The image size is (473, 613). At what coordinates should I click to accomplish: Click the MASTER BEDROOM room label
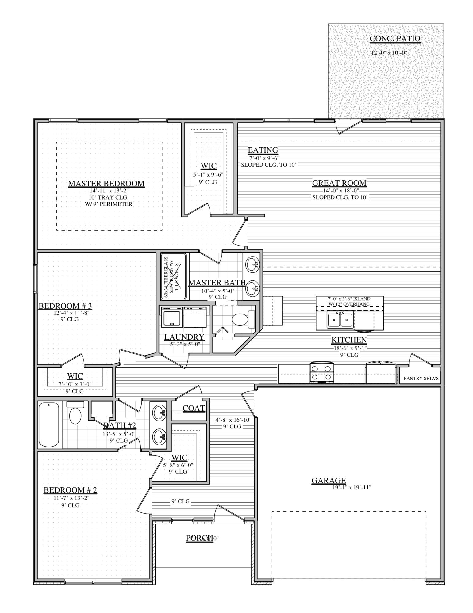(x=106, y=184)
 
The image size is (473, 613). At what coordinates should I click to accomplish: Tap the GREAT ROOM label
(x=339, y=183)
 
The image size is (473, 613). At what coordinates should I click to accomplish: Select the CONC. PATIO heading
(x=395, y=39)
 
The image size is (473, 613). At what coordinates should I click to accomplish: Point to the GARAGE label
(x=329, y=480)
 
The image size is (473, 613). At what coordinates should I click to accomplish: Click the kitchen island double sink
(x=340, y=320)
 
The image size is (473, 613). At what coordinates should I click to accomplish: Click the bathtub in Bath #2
(x=49, y=425)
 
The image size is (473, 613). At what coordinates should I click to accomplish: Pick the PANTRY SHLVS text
(x=421, y=378)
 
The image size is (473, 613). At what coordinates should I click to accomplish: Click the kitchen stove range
(x=322, y=373)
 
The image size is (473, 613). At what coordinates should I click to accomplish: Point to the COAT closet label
(x=194, y=408)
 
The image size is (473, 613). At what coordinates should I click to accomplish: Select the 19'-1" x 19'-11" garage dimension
(x=352, y=488)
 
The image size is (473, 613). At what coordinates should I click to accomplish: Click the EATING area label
(x=263, y=150)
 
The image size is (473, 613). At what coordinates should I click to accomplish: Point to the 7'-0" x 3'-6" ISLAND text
(x=349, y=299)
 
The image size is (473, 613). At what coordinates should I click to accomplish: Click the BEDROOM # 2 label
(x=70, y=490)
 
